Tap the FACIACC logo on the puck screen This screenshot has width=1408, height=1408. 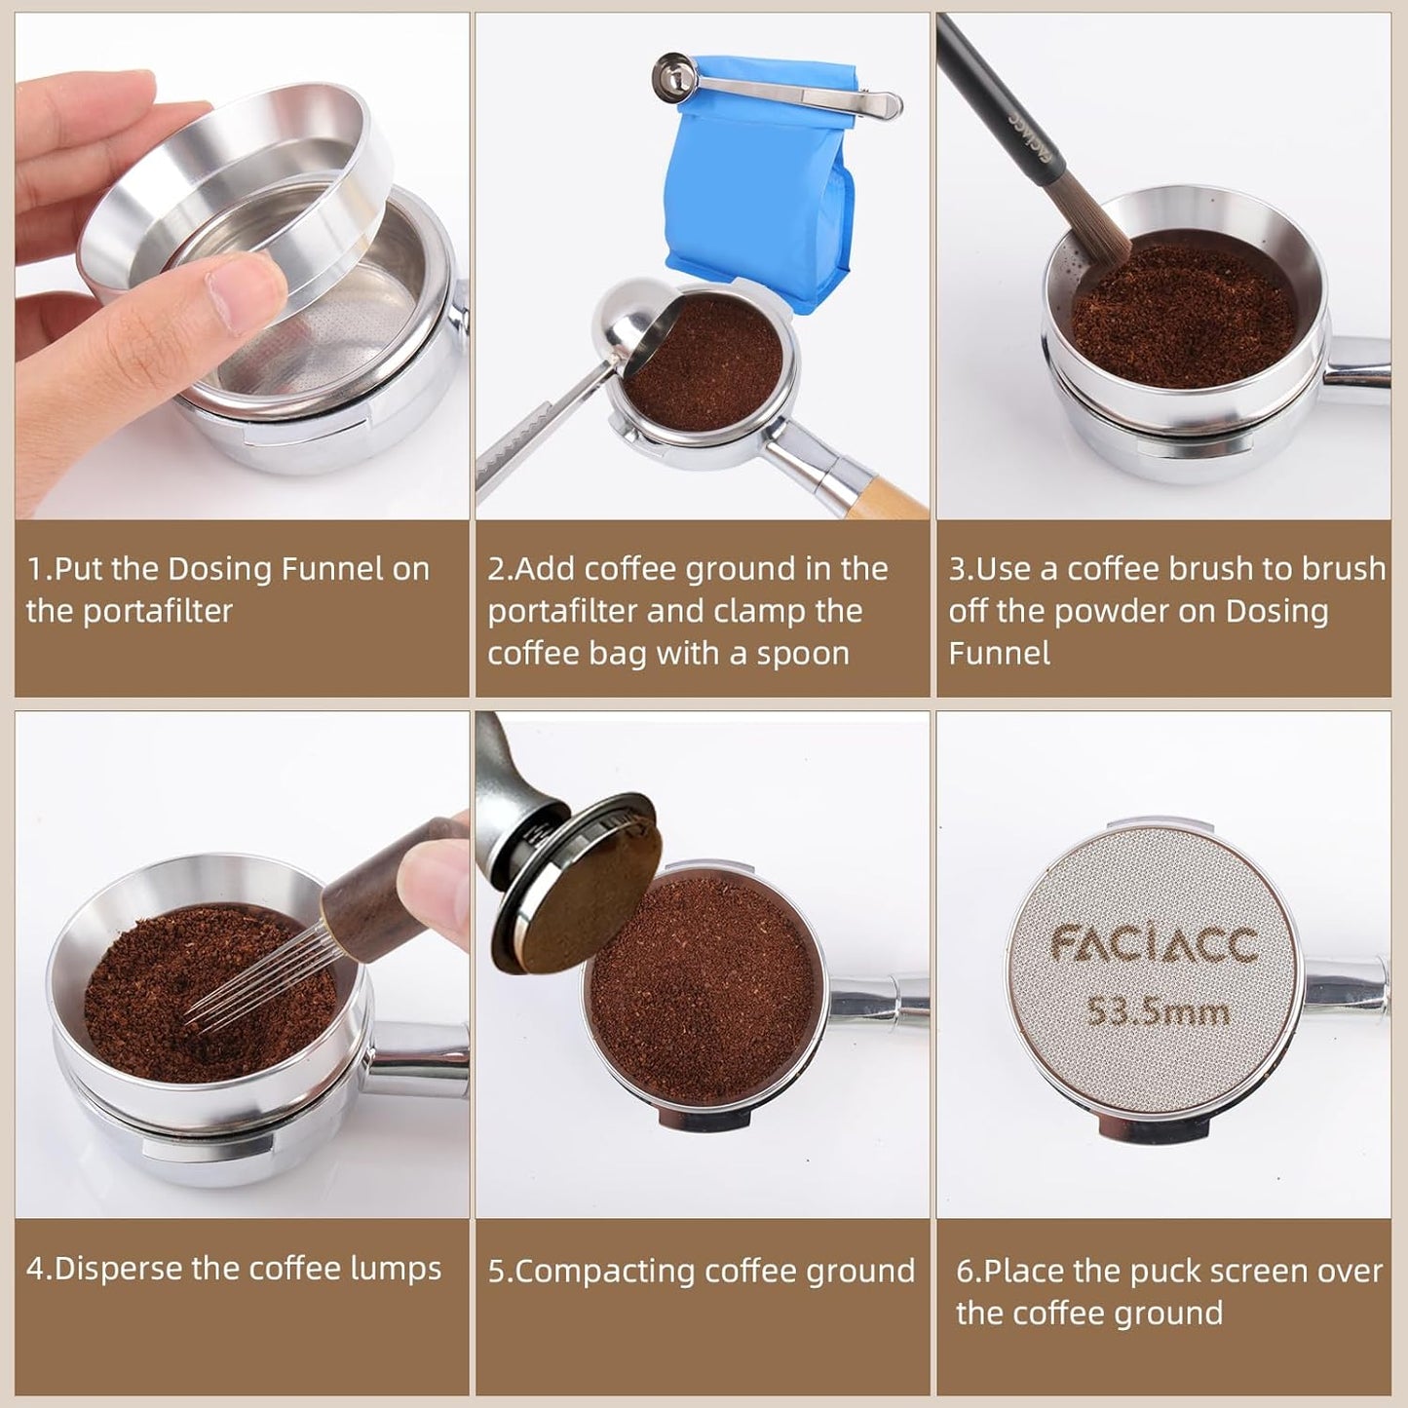(x=1154, y=944)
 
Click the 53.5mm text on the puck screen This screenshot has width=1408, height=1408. (x=1158, y=1012)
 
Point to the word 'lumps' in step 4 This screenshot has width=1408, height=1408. (x=400, y=1268)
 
